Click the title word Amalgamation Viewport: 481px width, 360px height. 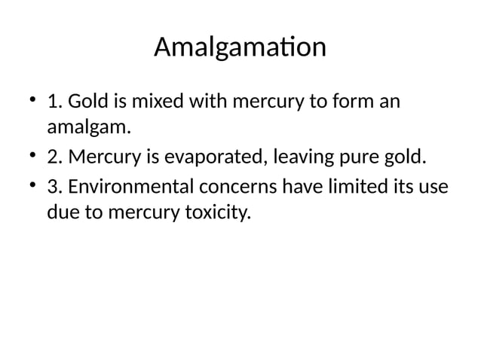coord(240,48)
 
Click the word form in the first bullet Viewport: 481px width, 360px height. coord(350,102)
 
